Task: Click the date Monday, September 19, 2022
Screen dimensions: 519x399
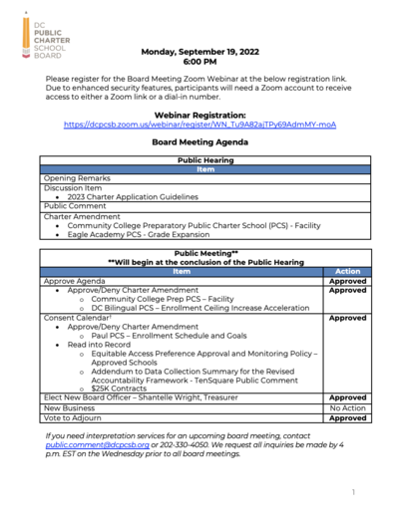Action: pyautogui.click(x=199, y=50)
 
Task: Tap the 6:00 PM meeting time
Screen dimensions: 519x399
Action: pyautogui.click(x=199, y=61)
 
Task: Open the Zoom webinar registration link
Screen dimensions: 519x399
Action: pyautogui.click(x=199, y=125)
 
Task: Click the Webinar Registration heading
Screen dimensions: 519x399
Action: pyautogui.click(x=199, y=115)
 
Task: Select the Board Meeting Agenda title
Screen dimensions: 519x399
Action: pyautogui.click(x=199, y=142)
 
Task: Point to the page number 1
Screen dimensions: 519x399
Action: pyautogui.click(x=353, y=492)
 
